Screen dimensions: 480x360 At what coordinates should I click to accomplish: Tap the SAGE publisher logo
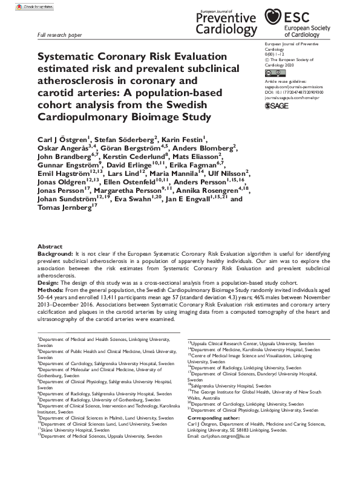[278, 106]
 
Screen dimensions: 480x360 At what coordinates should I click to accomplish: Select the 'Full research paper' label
[61, 36]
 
